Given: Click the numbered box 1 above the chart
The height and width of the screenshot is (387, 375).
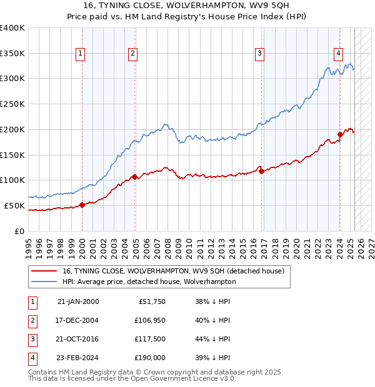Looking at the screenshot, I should click(x=81, y=54).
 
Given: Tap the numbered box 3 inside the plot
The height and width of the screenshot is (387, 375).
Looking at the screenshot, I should click(x=259, y=54).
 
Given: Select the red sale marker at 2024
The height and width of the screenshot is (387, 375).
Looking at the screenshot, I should click(x=341, y=134).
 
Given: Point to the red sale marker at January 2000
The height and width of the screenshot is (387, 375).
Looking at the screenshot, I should click(x=82, y=205).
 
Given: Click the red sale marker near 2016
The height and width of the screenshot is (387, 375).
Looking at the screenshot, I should click(x=261, y=171).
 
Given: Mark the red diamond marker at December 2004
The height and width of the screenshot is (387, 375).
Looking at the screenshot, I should click(x=134, y=177).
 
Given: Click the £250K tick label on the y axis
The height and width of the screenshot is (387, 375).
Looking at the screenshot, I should click(x=12, y=104).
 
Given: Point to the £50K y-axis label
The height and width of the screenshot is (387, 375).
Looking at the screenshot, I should click(x=15, y=205).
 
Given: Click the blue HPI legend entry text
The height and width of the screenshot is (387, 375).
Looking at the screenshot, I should click(x=149, y=282).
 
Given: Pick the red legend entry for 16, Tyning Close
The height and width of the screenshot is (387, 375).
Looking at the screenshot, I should click(x=173, y=271).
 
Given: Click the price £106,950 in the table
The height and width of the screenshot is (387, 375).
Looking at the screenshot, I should click(x=149, y=321).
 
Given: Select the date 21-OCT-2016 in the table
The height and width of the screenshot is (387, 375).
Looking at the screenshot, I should click(x=78, y=340).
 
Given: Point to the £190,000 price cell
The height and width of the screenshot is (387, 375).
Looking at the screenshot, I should click(x=149, y=358).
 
